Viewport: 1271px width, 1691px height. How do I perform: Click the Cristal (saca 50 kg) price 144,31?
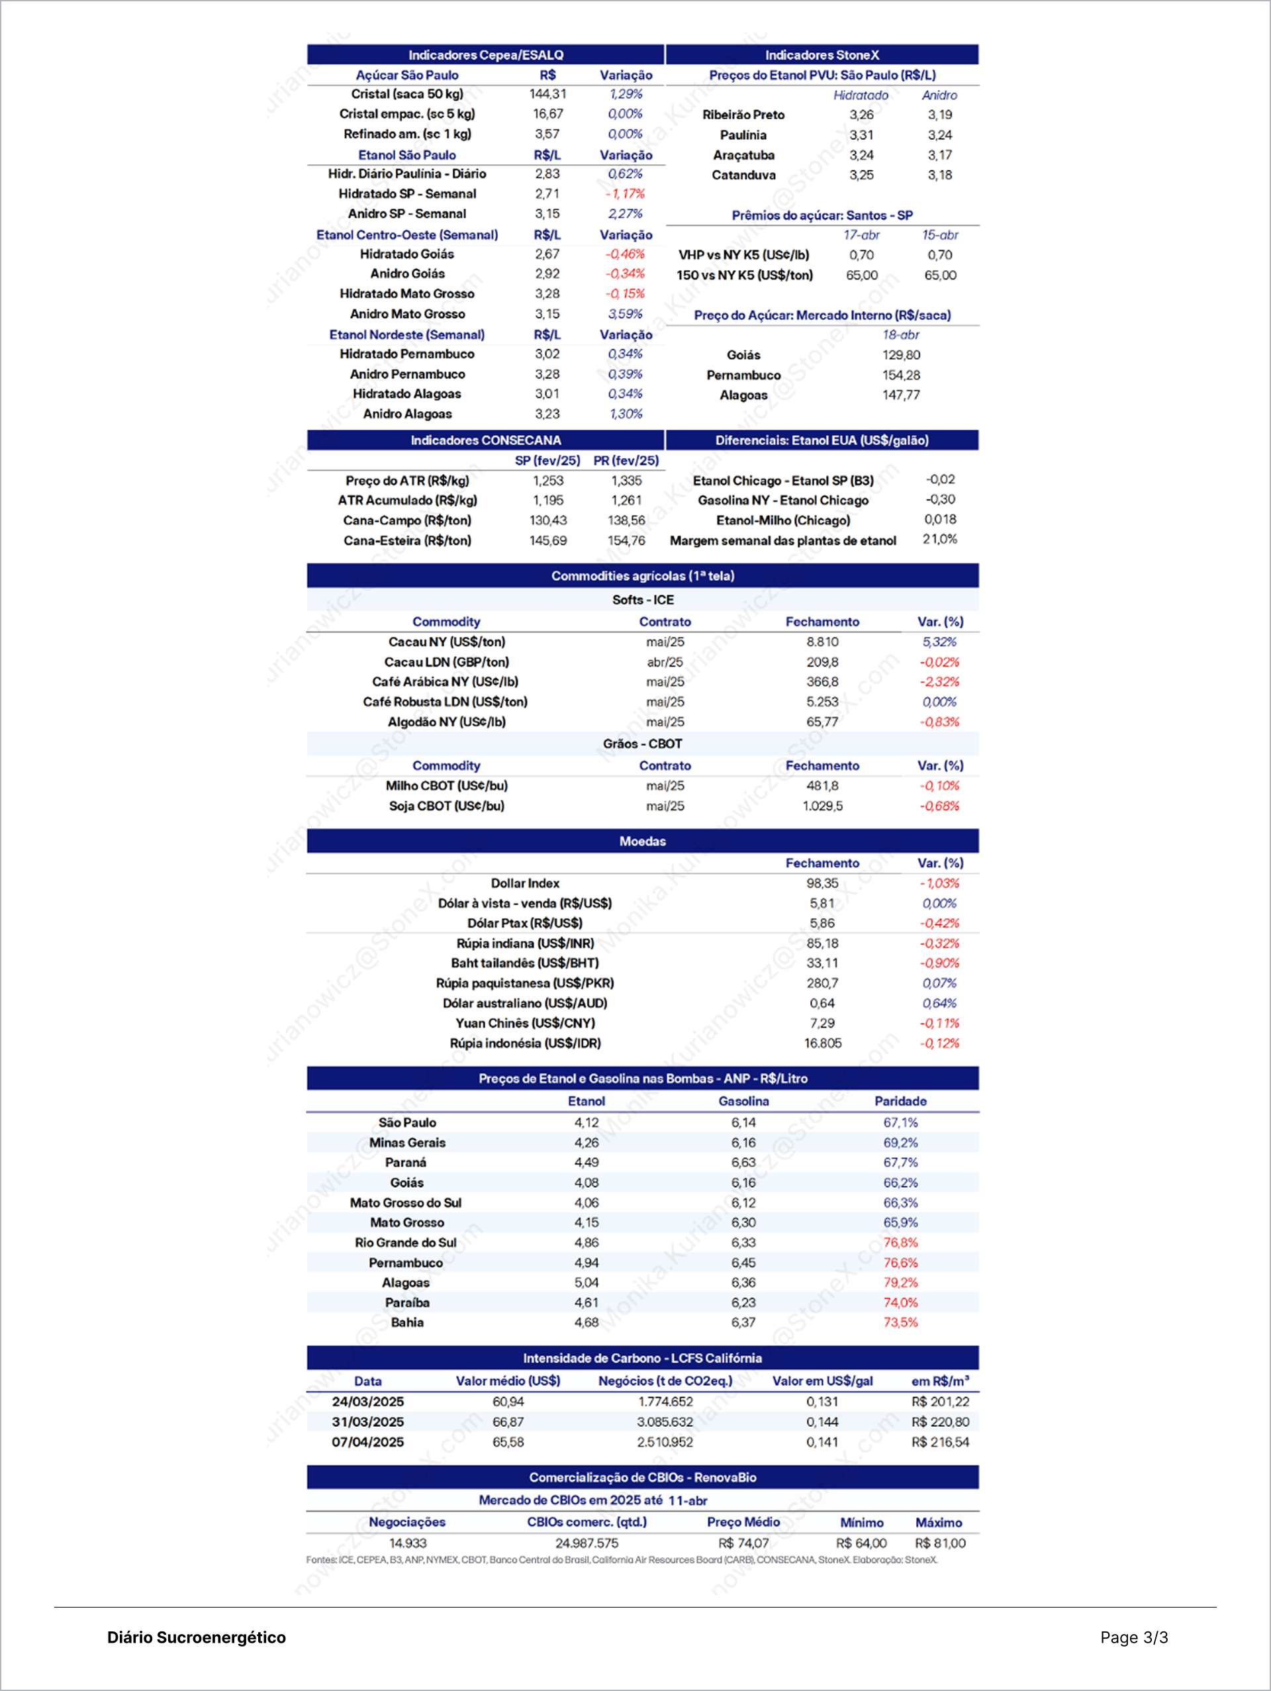(x=547, y=94)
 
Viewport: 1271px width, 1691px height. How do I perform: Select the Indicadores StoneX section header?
(x=822, y=55)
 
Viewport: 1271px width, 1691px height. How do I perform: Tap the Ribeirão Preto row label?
(x=743, y=115)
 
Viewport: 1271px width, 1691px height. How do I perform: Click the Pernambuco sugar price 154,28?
(x=901, y=375)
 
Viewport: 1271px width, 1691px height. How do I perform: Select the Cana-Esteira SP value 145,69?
(x=547, y=540)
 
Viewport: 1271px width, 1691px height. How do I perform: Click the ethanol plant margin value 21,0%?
(x=939, y=539)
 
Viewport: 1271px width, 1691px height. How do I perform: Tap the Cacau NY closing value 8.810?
(x=822, y=642)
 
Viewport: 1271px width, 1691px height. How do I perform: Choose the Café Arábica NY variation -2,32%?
(x=939, y=682)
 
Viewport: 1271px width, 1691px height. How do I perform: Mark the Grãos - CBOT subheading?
(x=642, y=744)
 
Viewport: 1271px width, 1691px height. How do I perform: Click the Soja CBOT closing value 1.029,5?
(x=822, y=806)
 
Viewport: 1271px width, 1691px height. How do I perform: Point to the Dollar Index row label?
(x=524, y=883)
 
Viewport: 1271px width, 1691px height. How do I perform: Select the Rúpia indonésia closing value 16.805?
(x=822, y=1043)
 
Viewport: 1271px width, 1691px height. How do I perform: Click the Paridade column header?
(x=900, y=1101)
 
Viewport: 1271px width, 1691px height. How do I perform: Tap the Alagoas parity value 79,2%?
(x=900, y=1282)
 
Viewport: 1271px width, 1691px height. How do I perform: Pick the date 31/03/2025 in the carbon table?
(x=367, y=1422)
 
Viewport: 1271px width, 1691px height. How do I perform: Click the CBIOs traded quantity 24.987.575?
(x=587, y=1543)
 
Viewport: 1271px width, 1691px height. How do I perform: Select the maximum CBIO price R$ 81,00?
(x=939, y=1543)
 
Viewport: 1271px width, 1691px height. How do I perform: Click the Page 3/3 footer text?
(x=1133, y=1637)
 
